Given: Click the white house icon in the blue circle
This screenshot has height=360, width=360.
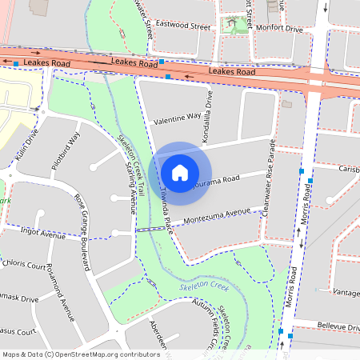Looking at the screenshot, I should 180,171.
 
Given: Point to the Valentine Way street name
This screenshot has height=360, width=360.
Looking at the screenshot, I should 177,117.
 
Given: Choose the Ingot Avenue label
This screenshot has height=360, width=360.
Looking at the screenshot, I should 42,235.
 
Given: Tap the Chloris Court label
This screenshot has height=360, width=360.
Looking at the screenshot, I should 25,262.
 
